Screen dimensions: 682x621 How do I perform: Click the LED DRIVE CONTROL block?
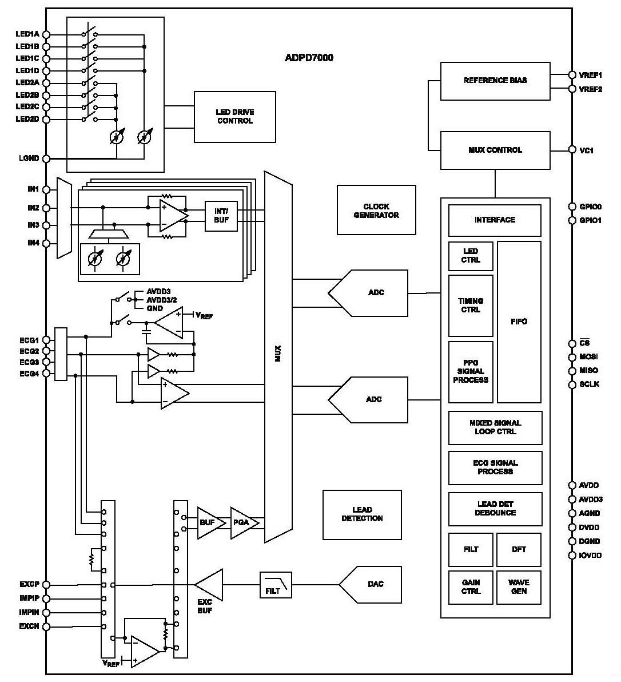[234, 117]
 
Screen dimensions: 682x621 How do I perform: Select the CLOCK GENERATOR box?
[376, 210]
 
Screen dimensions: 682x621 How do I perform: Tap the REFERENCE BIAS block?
[495, 81]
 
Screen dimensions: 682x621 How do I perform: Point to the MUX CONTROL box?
[495, 150]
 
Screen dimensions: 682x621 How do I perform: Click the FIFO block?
[519, 322]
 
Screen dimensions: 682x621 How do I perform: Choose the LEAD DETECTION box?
[362, 514]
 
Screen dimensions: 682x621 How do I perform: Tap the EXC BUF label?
[205, 606]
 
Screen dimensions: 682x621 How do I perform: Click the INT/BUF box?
[221, 216]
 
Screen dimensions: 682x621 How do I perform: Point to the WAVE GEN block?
[519, 586]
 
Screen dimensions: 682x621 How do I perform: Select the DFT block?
[519, 549]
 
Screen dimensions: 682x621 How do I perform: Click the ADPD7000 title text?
[309, 58]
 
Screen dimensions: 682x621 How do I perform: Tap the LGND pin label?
[29, 158]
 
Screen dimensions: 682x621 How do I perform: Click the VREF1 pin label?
[590, 75]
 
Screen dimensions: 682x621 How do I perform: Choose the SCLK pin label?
[589, 384]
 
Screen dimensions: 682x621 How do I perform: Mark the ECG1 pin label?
[29, 340]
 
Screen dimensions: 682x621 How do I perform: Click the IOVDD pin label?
[590, 555]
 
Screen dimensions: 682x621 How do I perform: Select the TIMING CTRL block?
[471, 306]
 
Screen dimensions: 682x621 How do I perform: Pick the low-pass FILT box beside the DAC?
[276, 585]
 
